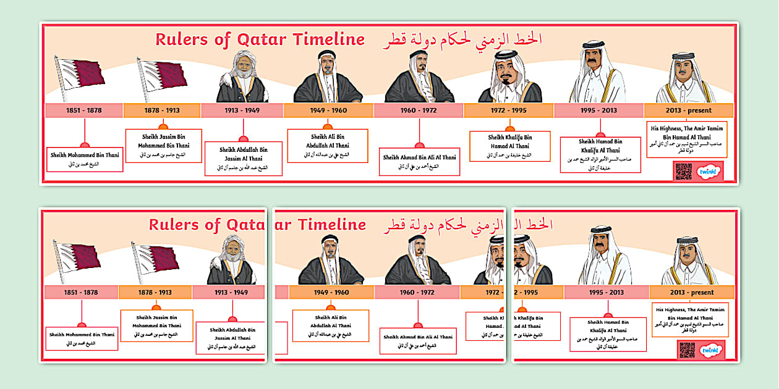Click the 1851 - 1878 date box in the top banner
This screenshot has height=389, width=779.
coord(84,111)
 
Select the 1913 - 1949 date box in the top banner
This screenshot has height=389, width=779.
coord(242,111)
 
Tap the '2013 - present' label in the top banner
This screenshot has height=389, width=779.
coord(688,111)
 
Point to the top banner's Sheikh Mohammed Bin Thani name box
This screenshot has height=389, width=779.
coord(85,159)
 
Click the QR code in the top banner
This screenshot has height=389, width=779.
coord(683,171)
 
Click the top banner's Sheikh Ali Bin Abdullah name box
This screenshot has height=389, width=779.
coord(328,145)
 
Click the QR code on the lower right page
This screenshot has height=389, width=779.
coord(687,349)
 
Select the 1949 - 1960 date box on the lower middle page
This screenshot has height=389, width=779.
coord(331,292)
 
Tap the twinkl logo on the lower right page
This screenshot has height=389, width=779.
coord(711,349)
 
